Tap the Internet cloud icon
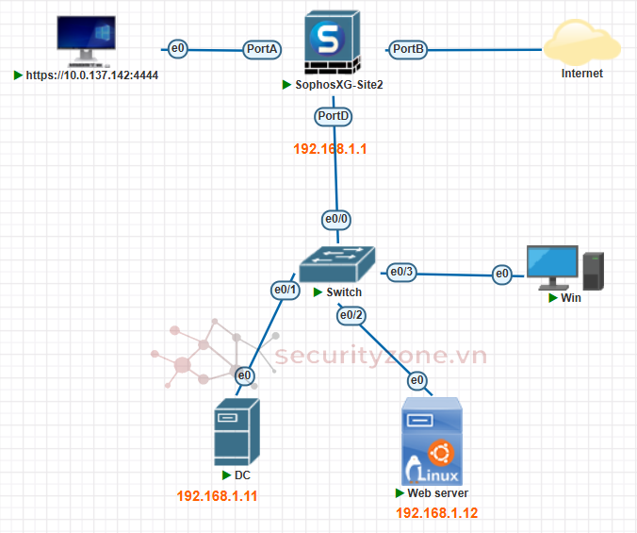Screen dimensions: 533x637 coord(581,43)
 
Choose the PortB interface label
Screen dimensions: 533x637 coord(409,48)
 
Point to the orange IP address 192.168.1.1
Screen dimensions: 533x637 coord(330,149)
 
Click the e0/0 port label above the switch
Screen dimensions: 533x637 coord(336,219)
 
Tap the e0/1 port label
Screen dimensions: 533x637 coord(285,290)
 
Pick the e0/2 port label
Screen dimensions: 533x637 coord(351,315)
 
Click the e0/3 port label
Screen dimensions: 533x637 coord(401,272)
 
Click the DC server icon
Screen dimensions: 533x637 coord(237,431)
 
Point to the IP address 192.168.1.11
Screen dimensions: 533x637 coord(217,495)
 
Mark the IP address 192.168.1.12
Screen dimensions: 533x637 coord(437,513)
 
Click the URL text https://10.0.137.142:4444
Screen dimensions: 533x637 coord(91,75)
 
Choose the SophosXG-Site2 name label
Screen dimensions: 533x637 coord(338,85)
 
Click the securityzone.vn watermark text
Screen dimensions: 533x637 coord(381,356)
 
